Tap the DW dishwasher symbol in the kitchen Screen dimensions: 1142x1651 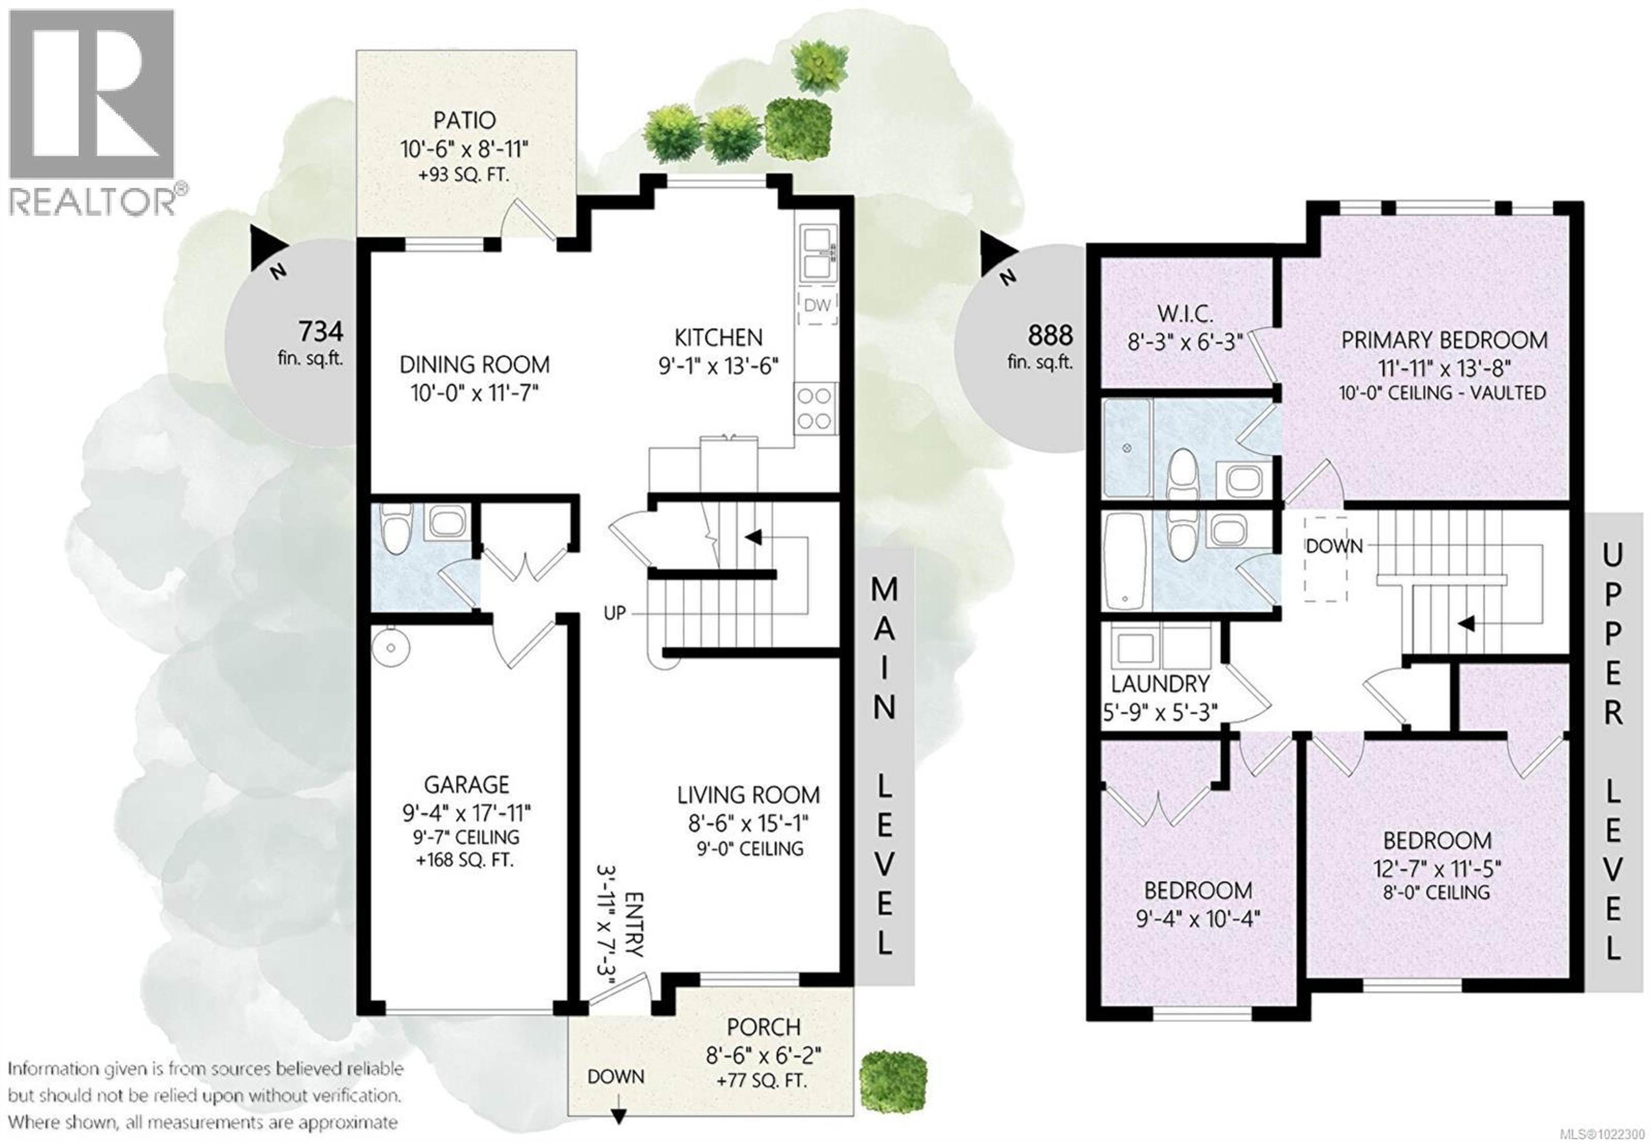pyautogui.click(x=816, y=306)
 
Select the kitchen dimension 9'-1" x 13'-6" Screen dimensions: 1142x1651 pyautogui.click(x=717, y=366)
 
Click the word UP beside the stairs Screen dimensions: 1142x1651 pyautogui.click(x=614, y=613)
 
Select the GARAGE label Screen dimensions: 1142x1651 pyautogui.click(x=466, y=785)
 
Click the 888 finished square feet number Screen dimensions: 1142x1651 pyautogui.click(x=1050, y=335)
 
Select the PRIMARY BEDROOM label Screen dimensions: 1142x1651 pyautogui.click(x=1443, y=340)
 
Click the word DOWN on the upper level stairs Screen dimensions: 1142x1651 pyautogui.click(x=1334, y=547)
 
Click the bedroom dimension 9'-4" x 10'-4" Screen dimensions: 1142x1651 pyautogui.click(x=1198, y=918)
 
